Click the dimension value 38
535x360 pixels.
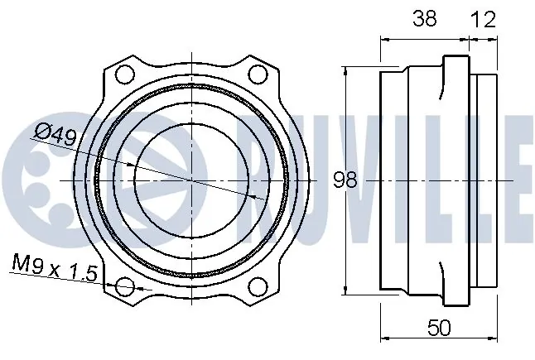(x=425, y=18)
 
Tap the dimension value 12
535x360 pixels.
(x=483, y=19)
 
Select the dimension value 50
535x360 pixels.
(x=439, y=328)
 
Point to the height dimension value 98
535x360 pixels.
(x=345, y=180)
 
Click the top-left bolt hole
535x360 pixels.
(x=124, y=74)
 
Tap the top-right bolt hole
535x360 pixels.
(x=258, y=74)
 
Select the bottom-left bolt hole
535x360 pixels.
(x=124, y=286)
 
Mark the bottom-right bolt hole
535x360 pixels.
(x=258, y=286)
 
